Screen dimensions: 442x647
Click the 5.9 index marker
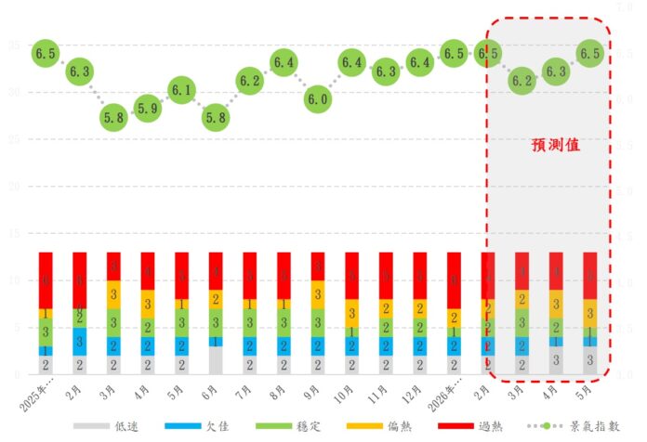147,109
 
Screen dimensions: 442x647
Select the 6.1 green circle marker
181,90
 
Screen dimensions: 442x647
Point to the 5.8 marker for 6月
216,118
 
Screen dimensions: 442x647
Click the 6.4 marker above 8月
284,62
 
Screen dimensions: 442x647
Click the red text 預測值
556,146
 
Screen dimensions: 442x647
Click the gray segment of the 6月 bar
216,360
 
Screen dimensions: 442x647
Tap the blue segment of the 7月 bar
250,345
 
